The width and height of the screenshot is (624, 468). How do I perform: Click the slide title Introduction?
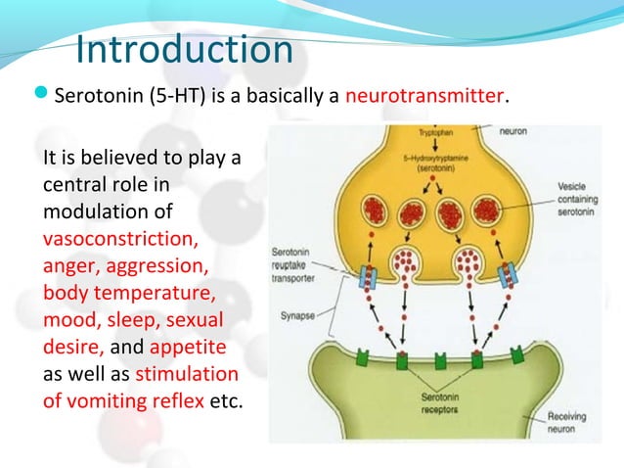184,49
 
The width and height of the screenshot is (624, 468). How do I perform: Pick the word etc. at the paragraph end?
226,400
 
